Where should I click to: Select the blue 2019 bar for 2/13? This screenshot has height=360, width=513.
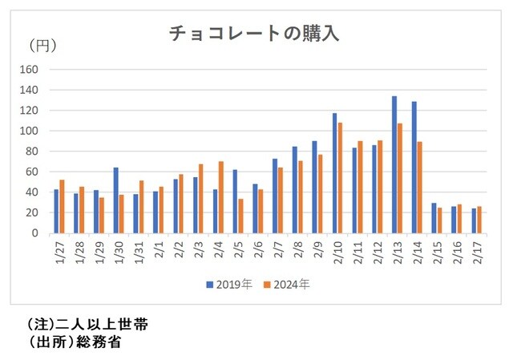click(395, 164)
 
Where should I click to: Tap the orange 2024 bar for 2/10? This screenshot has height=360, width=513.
click(341, 177)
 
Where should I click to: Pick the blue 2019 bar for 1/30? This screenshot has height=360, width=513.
click(115, 200)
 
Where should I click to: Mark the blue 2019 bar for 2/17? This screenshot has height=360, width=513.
click(475, 220)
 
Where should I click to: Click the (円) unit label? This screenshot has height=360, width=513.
click(42, 46)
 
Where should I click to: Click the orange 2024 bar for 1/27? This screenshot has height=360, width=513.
click(62, 206)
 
